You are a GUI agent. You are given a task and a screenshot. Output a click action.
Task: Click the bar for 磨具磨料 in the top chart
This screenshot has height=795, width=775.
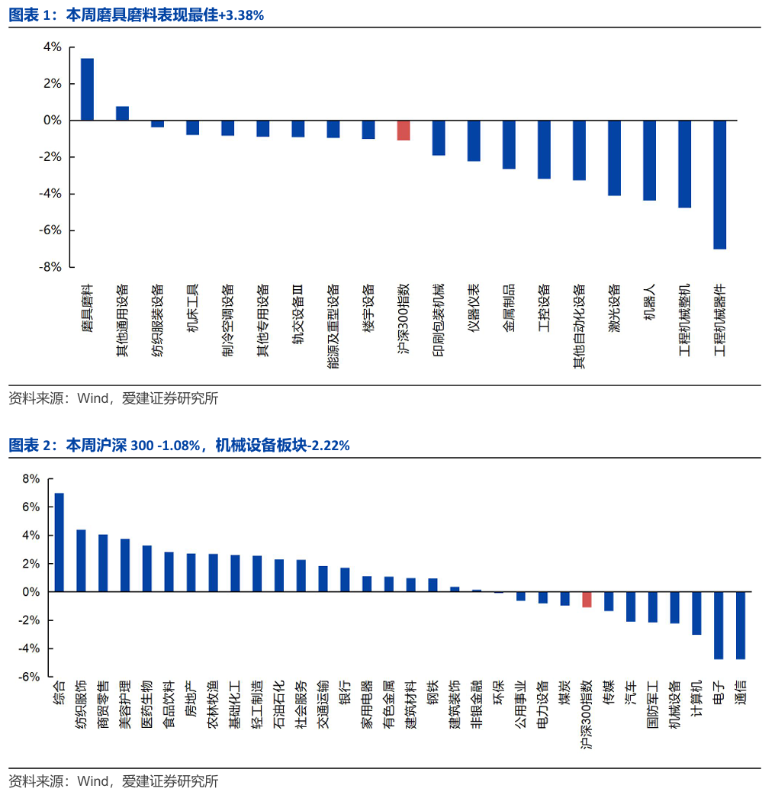[x=87, y=89]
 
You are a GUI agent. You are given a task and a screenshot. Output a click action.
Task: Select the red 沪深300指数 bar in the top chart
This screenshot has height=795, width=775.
[x=404, y=130]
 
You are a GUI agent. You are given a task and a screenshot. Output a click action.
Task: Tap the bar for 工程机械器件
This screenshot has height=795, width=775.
[x=719, y=185]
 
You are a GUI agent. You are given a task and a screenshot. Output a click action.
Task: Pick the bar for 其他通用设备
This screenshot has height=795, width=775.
[x=122, y=113]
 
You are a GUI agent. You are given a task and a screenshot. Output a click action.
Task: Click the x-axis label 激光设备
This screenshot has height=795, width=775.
[x=614, y=309]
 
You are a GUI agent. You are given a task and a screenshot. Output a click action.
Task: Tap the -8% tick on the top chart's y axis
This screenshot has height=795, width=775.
[x=51, y=267]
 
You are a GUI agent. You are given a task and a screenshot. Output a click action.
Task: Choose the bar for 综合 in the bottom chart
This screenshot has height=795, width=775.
[x=59, y=542]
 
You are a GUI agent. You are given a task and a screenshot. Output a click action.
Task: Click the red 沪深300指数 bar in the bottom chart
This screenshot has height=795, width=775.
[x=587, y=599]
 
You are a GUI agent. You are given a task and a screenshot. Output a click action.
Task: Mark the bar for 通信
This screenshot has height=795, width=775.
[x=741, y=625]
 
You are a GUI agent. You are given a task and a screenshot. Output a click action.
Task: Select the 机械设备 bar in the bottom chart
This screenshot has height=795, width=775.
[x=674, y=607]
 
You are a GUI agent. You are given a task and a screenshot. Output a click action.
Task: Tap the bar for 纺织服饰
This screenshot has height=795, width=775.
[x=81, y=560]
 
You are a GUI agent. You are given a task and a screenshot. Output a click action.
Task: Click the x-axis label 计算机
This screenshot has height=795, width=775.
[x=696, y=697]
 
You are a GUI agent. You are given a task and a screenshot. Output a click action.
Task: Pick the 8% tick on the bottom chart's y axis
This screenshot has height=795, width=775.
[x=31, y=479]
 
